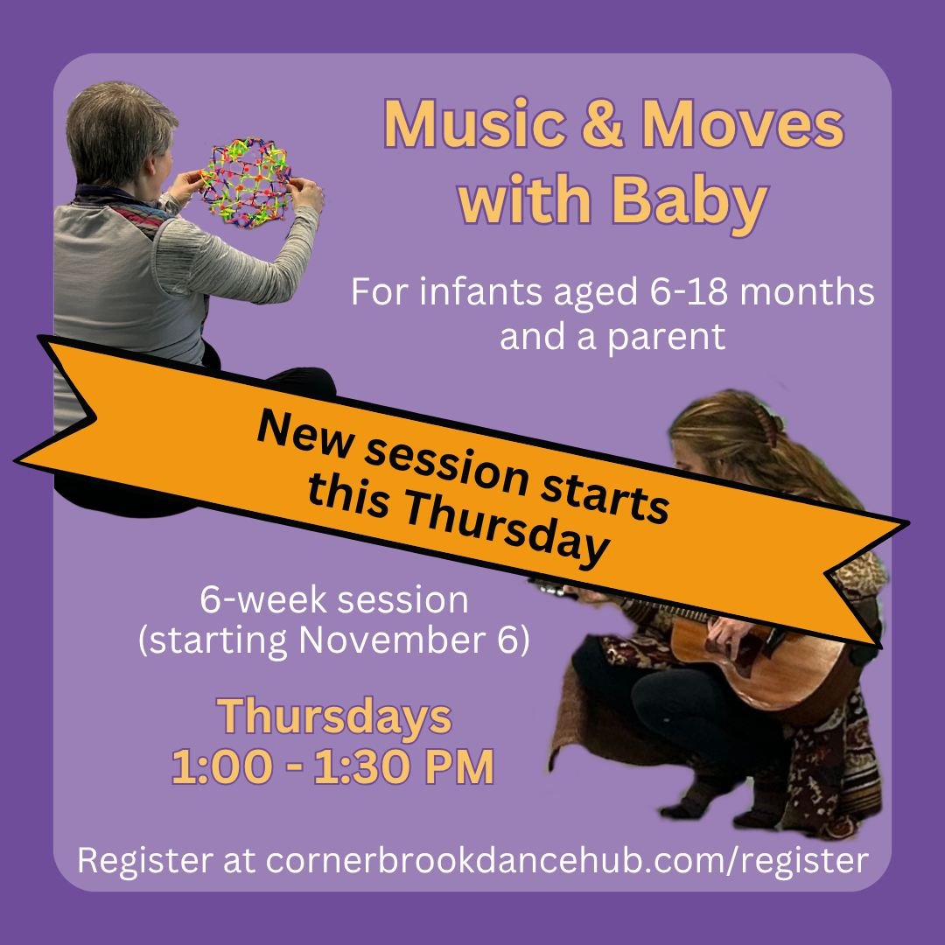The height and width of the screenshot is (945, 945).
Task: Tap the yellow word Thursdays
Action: (335, 717)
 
